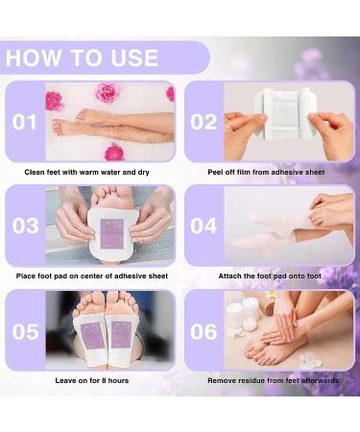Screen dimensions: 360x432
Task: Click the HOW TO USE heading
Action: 82,58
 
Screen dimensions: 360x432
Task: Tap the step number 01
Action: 24,122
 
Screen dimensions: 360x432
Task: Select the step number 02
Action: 204,122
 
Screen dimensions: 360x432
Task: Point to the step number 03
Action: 25,226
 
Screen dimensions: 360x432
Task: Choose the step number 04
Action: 204,226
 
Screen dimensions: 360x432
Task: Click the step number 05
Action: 25,331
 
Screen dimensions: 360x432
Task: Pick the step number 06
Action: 204,331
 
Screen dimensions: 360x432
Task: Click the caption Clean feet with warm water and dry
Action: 86,172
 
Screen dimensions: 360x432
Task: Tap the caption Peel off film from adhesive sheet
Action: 266,172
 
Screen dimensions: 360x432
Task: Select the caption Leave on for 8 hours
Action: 92,380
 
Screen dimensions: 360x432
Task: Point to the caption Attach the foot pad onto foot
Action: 270,276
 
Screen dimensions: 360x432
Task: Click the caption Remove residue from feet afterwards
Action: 273,380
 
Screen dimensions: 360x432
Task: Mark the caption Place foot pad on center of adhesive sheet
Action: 92,276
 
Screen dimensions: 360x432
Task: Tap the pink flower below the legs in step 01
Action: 114,153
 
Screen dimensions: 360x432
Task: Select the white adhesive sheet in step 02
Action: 286,113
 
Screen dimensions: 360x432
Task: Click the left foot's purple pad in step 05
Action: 92,335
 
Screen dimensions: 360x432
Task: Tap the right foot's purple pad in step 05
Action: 121,335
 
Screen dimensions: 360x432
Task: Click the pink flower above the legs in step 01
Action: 108,92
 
